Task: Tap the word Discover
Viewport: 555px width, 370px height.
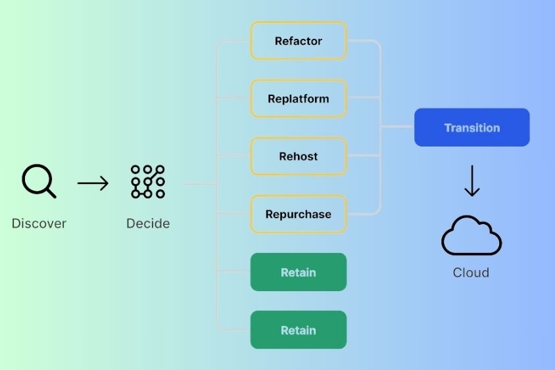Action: pyautogui.click(x=39, y=223)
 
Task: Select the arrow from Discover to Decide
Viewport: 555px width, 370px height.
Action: pyautogui.click(x=93, y=183)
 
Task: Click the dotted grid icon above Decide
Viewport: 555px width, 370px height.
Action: pyautogui.click(x=147, y=181)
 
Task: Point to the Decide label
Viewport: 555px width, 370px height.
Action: pyautogui.click(x=148, y=223)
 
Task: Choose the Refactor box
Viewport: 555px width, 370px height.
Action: pyautogui.click(x=299, y=41)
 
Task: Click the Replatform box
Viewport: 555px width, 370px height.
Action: pyautogui.click(x=299, y=99)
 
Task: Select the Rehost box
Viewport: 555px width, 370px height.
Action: pyautogui.click(x=299, y=156)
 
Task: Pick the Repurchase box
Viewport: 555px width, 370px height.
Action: pyautogui.click(x=299, y=214)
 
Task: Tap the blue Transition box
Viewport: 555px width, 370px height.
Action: pyautogui.click(x=472, y=127)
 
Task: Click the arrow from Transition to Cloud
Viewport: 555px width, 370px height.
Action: pyautogui.click(x=472, y=181)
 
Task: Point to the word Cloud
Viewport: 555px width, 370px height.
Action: pyautogui.click(x=471, y=273)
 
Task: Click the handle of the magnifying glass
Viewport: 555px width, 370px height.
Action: pyautogui.click(x=51, y=193)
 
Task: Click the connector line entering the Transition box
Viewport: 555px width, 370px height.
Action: pyautogui.click(x=397, y=126)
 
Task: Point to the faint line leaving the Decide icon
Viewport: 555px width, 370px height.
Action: pyautogui.click(x=200, y=183)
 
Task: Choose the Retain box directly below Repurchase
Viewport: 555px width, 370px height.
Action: pyautogui.click(x=299, y=272)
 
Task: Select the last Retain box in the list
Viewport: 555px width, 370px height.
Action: pyautogui.click(x=299, y=330)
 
